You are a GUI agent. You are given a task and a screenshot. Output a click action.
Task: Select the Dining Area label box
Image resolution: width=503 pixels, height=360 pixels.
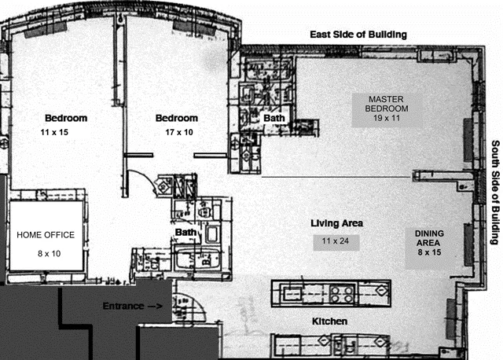(429, 243)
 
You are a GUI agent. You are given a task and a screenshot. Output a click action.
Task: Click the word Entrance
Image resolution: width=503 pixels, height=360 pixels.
(123, 306)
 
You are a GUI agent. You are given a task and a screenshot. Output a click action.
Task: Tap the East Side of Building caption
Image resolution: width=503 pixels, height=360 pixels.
(358, 35)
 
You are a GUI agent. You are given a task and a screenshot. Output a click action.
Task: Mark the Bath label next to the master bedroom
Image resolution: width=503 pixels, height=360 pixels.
(274, 118)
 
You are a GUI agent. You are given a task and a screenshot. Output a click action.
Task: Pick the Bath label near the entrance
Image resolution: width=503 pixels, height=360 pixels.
(185, 233)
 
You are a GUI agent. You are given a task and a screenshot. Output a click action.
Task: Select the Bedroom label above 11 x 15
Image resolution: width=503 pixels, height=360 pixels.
(65, 118)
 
